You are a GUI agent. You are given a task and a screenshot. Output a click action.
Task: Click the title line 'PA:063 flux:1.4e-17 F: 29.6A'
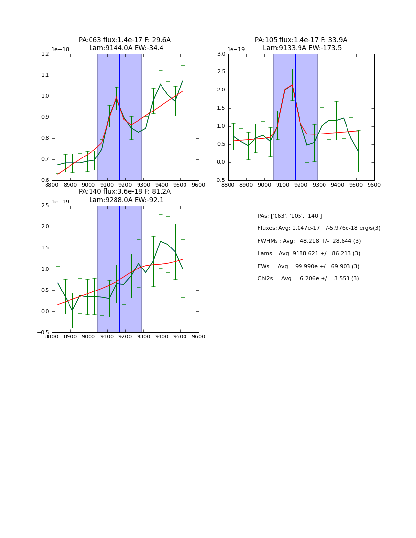(x=125, y=40)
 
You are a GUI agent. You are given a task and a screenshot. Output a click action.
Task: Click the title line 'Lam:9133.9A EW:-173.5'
(x=302, y=48)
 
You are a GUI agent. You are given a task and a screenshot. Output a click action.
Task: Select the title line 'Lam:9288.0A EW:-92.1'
(x=126, y=200)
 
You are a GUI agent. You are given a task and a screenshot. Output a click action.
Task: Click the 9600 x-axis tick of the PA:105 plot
(x=374, y=185)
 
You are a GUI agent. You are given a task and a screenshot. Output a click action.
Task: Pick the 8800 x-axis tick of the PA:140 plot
(x=52, y=336)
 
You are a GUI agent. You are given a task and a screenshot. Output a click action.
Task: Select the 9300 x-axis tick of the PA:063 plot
(x=143, y=185)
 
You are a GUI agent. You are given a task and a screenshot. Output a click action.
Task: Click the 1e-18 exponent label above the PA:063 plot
(x=60, y=50)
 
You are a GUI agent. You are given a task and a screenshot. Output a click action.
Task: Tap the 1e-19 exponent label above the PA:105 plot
(x=236, y=50)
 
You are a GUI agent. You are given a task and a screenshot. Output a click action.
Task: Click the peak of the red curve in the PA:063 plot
(x=116, y=97)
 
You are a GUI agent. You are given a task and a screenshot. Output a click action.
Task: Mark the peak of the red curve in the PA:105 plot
(x=292, y=85)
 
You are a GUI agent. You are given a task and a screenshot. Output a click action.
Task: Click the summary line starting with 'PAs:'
(x=289, y=216)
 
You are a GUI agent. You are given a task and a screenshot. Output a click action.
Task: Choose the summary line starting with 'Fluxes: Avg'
(x=319, y=228)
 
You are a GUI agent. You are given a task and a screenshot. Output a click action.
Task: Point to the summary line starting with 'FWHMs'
(x=309, y=241)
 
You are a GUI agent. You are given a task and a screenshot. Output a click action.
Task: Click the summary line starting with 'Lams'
(x=308, y=254)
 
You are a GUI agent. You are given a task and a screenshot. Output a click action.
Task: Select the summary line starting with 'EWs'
(x=308, y=266)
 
